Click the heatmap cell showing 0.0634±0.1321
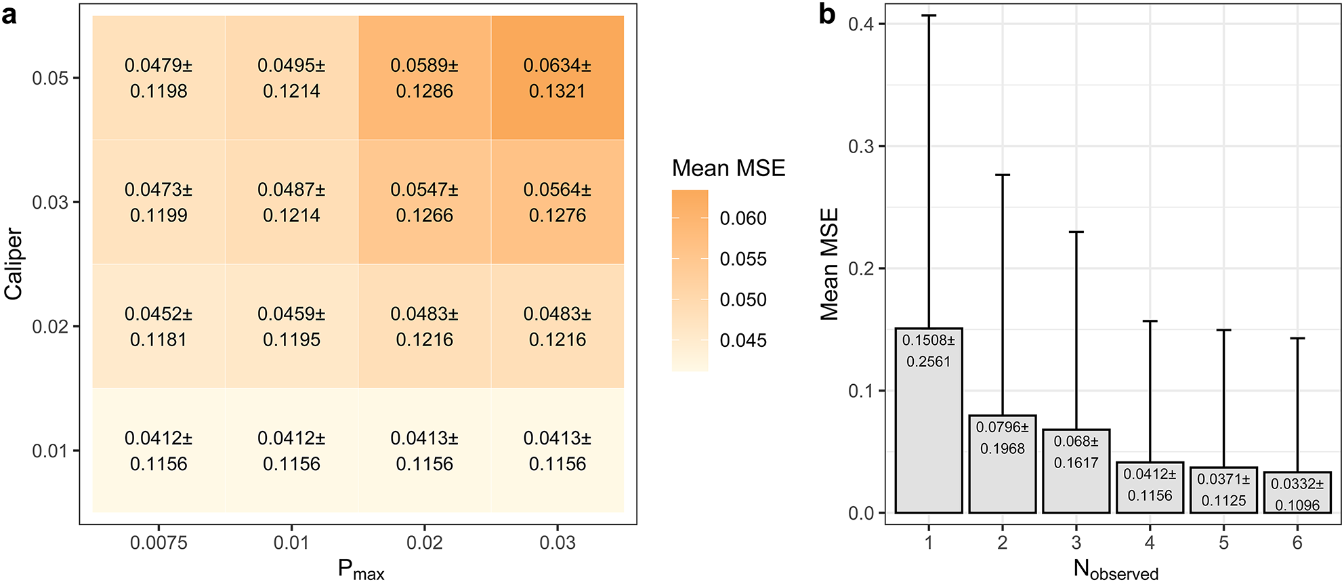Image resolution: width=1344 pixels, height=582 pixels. click(x=557, y=78)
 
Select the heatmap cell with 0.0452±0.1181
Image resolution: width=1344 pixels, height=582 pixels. click(x=159, y=326)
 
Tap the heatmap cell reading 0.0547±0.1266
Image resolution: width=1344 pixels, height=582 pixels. click(x=424, y=202)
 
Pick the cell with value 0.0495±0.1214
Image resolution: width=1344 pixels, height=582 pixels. click(x=291, y=78)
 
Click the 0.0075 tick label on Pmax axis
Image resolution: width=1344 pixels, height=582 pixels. click(x=159, y=543)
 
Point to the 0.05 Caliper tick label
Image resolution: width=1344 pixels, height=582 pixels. click(x=50, y=78)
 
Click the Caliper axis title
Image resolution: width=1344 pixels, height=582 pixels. click(x=14, y=264)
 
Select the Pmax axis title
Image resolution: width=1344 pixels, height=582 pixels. click(x=361, y=570)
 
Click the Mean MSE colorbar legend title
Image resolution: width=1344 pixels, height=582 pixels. click(x=728, y=168)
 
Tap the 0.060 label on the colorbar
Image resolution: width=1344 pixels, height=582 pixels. click(x=743, y=218)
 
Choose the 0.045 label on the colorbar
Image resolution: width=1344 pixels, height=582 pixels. click(x=743, y=340)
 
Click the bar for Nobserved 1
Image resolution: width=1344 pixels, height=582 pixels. click(x=929, y=420)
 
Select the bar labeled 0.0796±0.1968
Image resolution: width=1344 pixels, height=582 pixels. click(x=1003, y=464)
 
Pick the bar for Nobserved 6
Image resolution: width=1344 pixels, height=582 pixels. click(x=1297, y=493)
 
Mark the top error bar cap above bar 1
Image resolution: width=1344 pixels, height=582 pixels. click(x=929, y=16)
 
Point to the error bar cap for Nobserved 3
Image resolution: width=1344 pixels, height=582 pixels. click(x=1076, y=232)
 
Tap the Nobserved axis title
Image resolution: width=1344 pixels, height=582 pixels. click(x=1116, y=570)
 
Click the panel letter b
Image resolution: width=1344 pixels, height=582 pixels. click(x=827, y=14)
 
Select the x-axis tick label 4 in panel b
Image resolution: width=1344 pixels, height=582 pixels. click(x=1150, y=543)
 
